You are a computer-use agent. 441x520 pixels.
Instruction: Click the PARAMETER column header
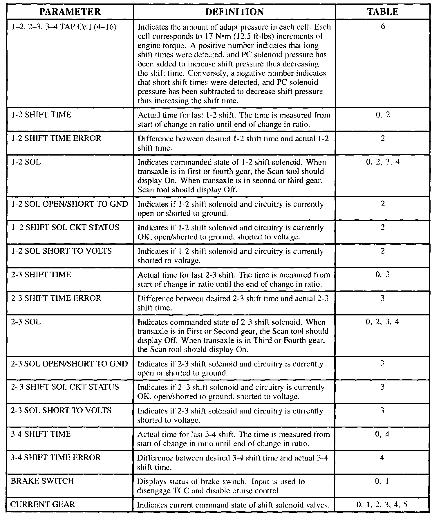tap(70, 12)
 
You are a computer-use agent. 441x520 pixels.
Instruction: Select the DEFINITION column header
tap(234, 12)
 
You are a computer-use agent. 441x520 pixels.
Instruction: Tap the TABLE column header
tap(383, 12)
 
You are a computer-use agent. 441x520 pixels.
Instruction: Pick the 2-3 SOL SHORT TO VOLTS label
tap(61, 410)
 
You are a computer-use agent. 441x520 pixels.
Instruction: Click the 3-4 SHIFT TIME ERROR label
tap(56, 457)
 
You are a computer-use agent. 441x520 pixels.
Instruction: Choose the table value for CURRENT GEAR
tap(382, 504)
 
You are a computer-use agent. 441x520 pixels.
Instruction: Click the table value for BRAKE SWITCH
tap(382, 481)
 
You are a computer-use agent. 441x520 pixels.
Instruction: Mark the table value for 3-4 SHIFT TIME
tap(382, 434)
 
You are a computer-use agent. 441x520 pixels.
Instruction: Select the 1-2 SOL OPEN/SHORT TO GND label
tap(69, 204)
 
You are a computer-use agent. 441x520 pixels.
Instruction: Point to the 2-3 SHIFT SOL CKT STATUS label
tap(65, 387)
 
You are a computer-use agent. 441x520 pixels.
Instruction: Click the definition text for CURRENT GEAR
tap(233, 505)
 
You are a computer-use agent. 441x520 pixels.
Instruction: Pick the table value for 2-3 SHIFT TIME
tap(382, 274)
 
